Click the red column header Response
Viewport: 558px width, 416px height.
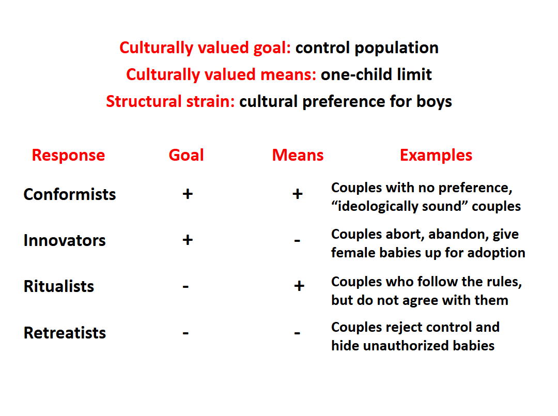click(x=68, y=156)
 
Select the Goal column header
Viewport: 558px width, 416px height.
click(x=186, y=155)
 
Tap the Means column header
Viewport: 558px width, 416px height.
click(x=298, y=155)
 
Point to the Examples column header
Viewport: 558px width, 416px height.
click(x=436, y=156)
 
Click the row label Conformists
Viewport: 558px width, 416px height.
click(x=70, y=194)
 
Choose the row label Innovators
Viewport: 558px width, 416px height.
click(x=65, y=241)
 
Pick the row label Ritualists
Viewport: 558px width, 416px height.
click(x=59, y=286)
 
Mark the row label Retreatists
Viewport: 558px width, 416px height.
click(x=65, y=333)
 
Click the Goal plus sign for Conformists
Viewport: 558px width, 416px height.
click(x=188, y=194)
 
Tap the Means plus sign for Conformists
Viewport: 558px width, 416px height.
click(x=298, y=194)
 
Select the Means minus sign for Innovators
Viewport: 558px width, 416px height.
click(x=297, y=241)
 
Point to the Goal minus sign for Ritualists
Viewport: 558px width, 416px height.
click(x=185, y=286)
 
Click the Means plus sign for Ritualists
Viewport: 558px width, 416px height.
click(x=299, y=286)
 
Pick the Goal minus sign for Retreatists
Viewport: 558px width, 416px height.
click(x=185, y=333)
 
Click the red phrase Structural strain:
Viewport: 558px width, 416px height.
click(x=171, y=101)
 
